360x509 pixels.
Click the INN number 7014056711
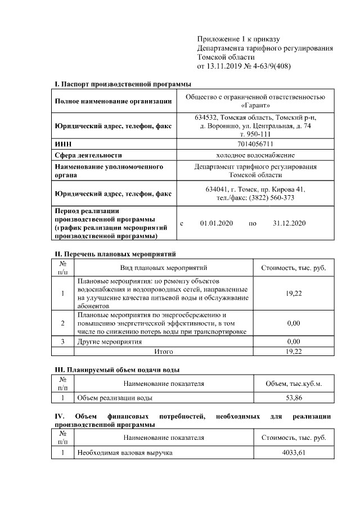255,145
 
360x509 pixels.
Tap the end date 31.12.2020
289,223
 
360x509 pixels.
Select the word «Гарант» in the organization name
255,105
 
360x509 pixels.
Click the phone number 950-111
259,134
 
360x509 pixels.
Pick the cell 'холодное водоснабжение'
255,155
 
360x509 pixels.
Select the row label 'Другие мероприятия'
110,341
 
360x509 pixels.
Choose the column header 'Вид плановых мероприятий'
164,268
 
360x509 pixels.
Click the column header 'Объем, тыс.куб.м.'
294,384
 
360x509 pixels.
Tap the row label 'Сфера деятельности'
88,155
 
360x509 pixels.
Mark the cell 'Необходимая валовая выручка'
124,452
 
